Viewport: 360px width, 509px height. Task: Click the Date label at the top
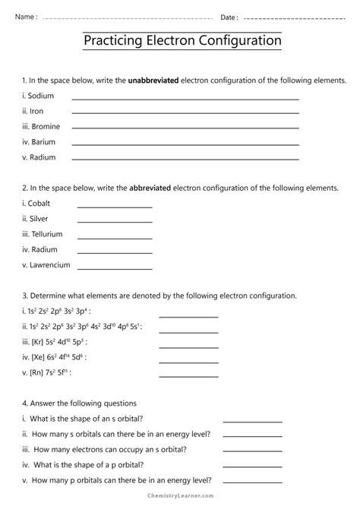[x=229, y=17]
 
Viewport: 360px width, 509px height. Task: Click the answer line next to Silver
[x=115, y=221]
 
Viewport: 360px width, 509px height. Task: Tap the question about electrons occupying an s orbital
[x=106, y=450]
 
